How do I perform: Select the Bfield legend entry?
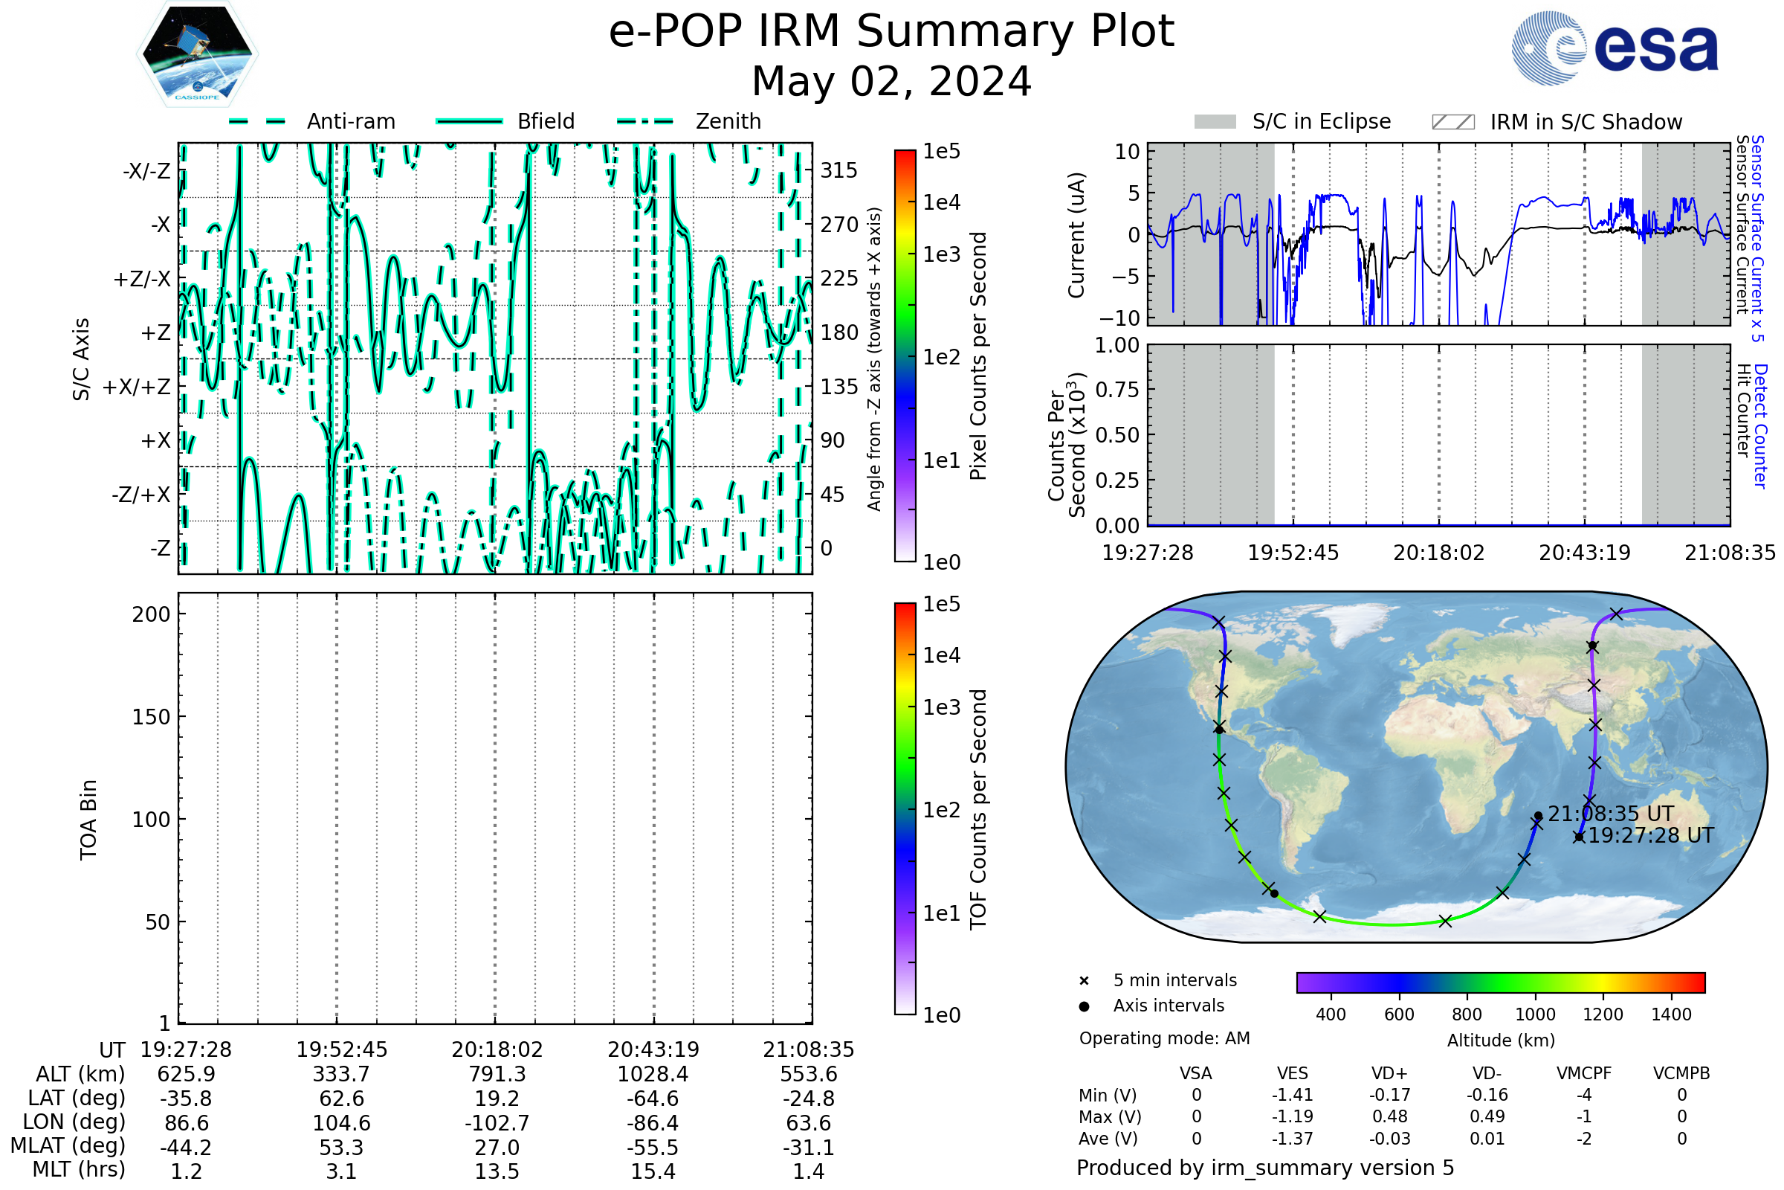pyautogui.click(x=545, y=121)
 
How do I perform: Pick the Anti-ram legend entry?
pyautogui.click(x=350, y=121)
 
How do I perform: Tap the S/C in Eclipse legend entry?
pyautogui.click(x=1321, y=121)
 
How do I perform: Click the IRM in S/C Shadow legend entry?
pyautogui.click(x=1586, y=122)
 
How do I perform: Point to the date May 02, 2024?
pyautogui.click(x=891, y=81)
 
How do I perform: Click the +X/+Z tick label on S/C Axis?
pyautogui.click(x=137, y=387)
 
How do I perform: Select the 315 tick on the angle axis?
pyautogui.click(x=839, y=170)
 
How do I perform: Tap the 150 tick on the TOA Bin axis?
pyautogui.click(x=151, y=717)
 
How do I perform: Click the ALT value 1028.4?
pyautogui.click(x=653, y=1074)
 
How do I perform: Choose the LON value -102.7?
pyautogui.click(x=497, y=1123)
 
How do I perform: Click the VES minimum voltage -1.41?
pyautogui.click(x=1292, y=1095)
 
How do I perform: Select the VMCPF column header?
pyautogui.click(x=1583, y=1074)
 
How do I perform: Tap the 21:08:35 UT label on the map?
pyautogui.click(x=1610, y=814)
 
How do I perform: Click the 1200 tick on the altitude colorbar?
pyautogui.click(x=1603, y=1014)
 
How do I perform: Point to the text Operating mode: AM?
pyautogui.click(x=1164, y=1038)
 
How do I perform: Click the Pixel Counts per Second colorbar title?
pyautogui.click(x=978, y=356)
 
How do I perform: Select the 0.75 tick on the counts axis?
pyautogui.click(x=1117, y=390)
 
